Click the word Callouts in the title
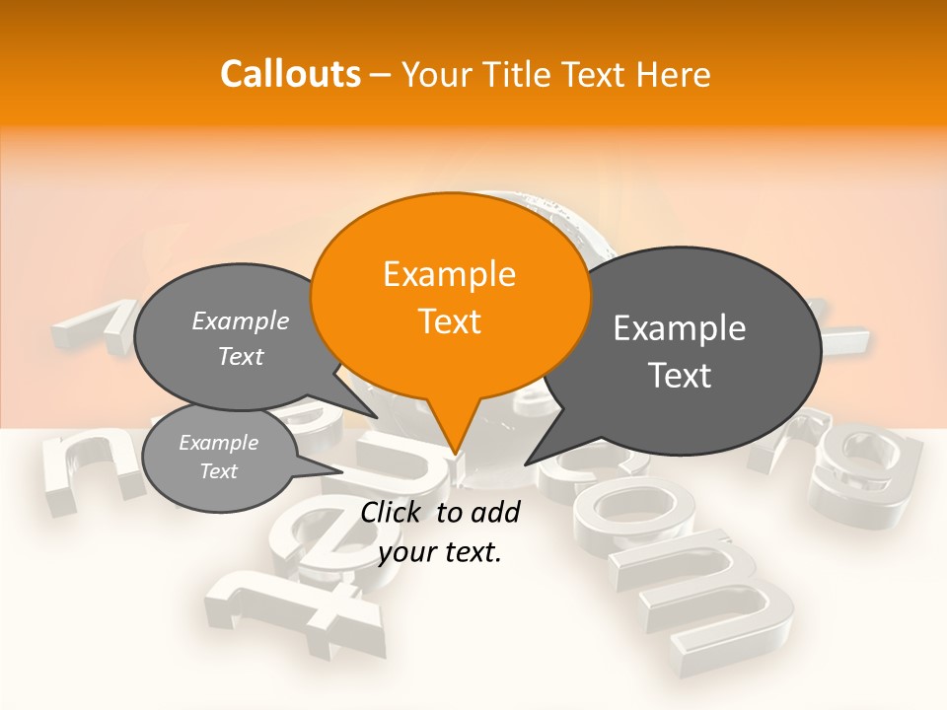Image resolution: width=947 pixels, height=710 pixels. pyautogui.click(x=290, y=74)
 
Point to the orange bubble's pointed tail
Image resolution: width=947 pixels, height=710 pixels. pyautogui.click(x=455, y=449)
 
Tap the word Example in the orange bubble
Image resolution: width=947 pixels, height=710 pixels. pyautogui.click(x=450, y=274)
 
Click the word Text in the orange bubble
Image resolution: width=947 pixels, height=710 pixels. pyautogui.click(x=450, y=321)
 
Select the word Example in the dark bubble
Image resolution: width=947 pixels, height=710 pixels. pyautogui.click(x=680, y=328)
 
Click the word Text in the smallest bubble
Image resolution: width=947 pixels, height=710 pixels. pyautogui.click(x=219, y=471)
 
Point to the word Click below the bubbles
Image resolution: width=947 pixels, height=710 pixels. pyautogui.click(x=392, y=512)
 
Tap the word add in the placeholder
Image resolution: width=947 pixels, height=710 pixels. pyautogui.click(x=496, y=512)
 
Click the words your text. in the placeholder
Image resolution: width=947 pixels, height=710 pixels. pyautogui.click(x=440, y=553)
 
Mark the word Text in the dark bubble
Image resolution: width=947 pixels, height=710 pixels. pyautogui.click(x=681, y=375)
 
